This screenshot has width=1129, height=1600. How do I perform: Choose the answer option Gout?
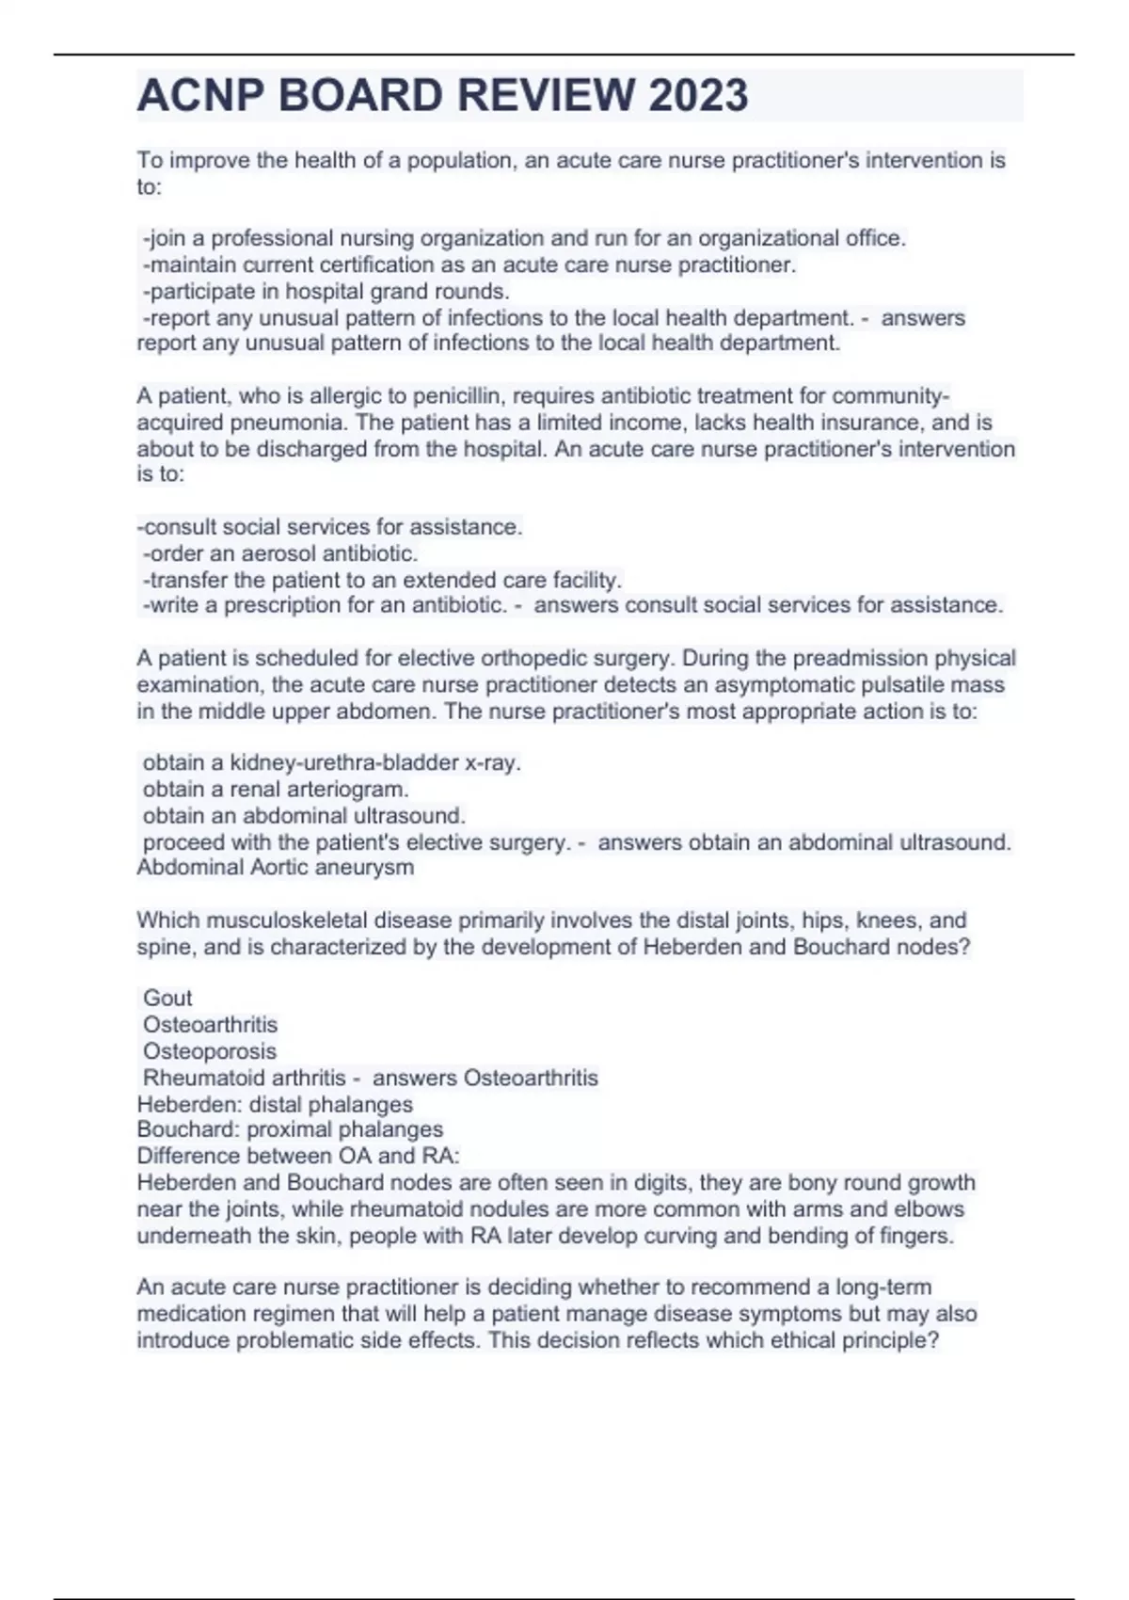[x=167, y=998]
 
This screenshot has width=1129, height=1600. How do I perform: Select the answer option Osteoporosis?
[x=210, y=1051]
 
